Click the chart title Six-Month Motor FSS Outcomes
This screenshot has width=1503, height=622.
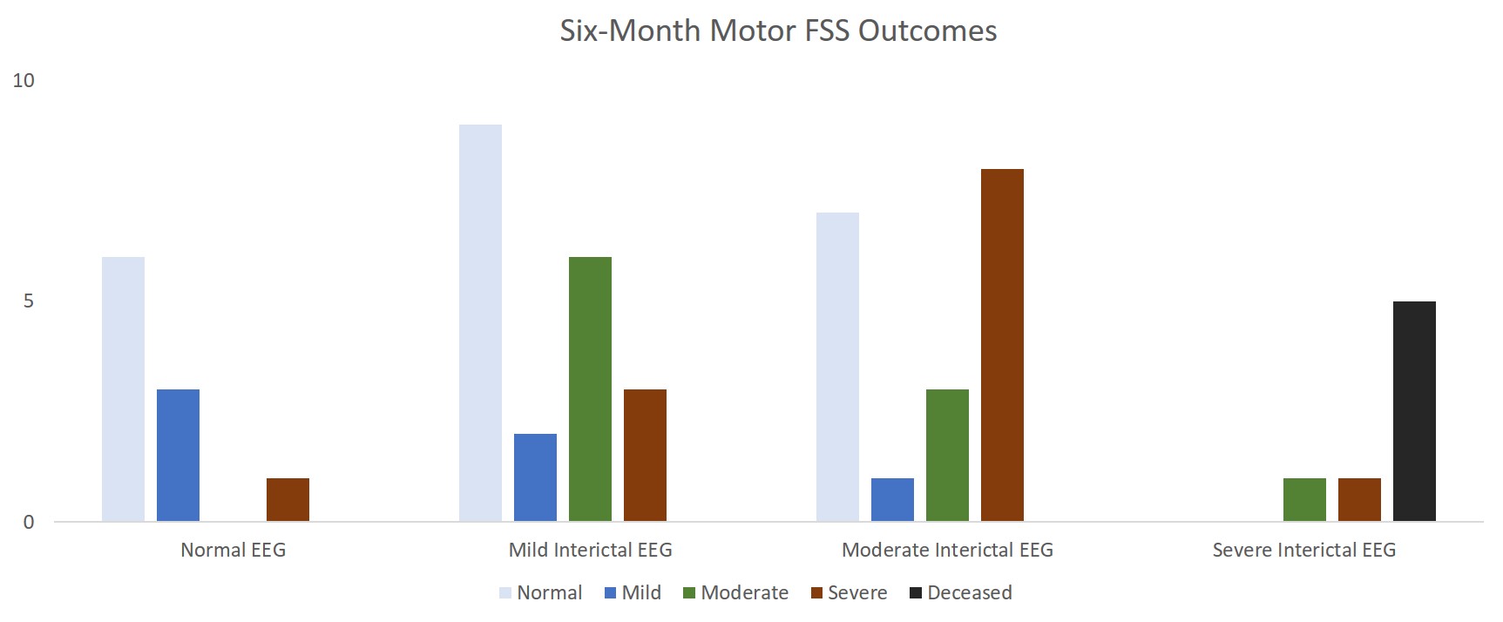pyautogui.click(x=778, y=31)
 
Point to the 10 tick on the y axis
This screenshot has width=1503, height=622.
pyautogui.click(x=24, y=81)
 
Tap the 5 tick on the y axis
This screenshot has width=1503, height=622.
pyautogui.click(x=29, y=301)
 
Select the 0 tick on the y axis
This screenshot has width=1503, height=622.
pyautogui.click(x=29, y=523)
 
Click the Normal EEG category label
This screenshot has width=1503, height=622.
pyautogui.click(x=233, y=551)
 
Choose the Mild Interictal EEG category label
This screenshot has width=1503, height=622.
pyautogui.click(x=590, y=551)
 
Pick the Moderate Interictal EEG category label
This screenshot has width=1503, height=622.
pyautogui.click(x=947, y=551)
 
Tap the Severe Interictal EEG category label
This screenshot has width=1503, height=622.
pyautogui.click(x=1303, y=551)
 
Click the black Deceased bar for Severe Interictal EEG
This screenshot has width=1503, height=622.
pyautogui.click(x=1414, y=411)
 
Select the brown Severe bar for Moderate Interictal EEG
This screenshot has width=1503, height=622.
pyautogui.click(x=1002, y=345)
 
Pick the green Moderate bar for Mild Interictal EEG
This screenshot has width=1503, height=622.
pyautogui.click(x=590, y=389)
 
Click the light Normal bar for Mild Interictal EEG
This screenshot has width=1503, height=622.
pyautogui.click(x=480, y=322)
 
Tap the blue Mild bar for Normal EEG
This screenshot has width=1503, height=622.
pyautogui.click(x=178, y=455)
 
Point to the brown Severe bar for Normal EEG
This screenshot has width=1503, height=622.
pyautogui.click(x=288, y=499)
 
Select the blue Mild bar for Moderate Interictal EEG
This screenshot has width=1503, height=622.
pyautogui.click(x=892, y=499)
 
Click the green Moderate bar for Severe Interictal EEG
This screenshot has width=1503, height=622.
pyautogui.click(x=1304, y=499)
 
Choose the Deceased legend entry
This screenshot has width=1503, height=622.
pyautogui.click(x=960, y=593)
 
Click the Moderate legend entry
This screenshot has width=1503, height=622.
pyautogui.click(x=735, y=593)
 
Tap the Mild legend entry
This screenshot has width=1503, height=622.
pyautogui.click(x=633, y=593)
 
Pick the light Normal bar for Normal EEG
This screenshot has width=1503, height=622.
pyautogui.click(x=123, y=389)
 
